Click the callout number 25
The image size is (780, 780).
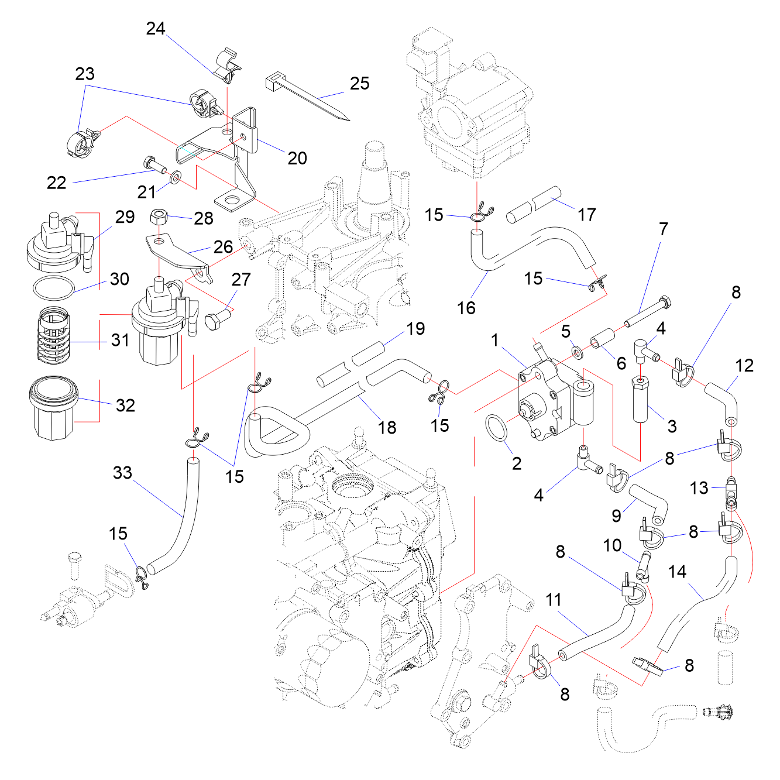pos(359,84)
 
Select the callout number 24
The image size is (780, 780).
pos(156,29)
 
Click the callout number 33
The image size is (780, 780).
pos(122,473)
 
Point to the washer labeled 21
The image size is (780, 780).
pos(175,177)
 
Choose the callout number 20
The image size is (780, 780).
pos(297,158)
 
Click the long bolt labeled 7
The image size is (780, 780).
pos(647,312)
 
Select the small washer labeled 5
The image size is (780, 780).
pos(578,351)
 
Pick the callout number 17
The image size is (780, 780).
pos(586,215)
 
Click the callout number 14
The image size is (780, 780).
pos(677,572)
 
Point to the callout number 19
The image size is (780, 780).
pos(415,329)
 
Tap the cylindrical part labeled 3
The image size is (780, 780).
pos(641,400)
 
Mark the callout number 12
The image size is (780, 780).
pos(744,366)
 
